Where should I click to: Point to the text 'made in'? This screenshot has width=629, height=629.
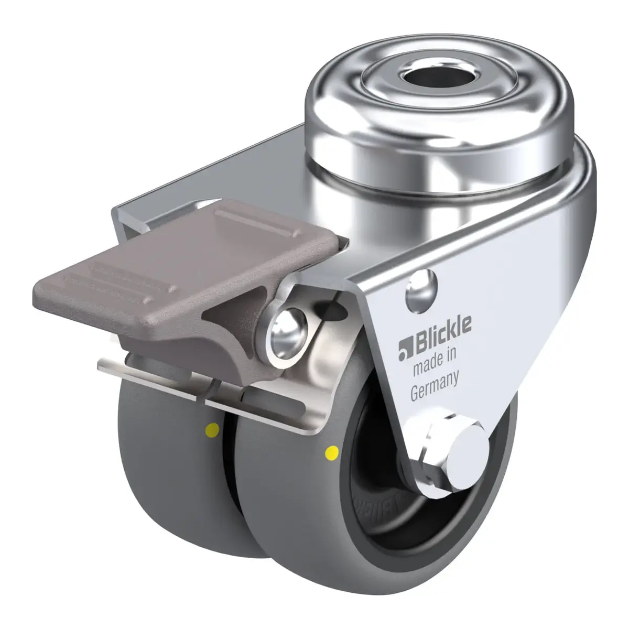[434, 363]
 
